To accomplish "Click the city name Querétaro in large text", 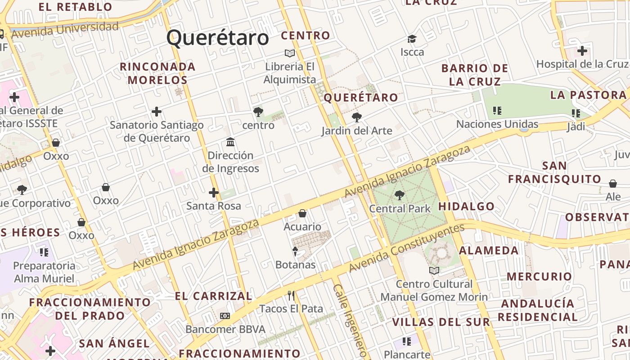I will click(x=218, y=38).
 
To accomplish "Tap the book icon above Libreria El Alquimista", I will click(x=290, y=54).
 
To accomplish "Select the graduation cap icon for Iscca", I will click(x=412, y=39).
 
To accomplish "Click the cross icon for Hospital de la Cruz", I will click(x=582, y=51).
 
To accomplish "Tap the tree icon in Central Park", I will click(x=399, y=195).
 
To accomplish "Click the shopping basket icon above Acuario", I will click(x=302, y=213).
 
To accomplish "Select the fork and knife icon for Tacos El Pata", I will click(x=291, y=296).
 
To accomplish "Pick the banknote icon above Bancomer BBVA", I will click(x=225, y=316).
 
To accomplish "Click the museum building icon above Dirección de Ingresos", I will click(x=230, y=142).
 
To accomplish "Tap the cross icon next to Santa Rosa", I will click(x=214, y=193).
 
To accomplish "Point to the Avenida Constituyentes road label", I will click(x=407, y=248).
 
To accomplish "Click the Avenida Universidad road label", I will click(x=65, y=30).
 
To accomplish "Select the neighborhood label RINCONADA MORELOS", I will click(x=157, y=73).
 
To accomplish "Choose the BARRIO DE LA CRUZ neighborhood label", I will click(x=475, y=75).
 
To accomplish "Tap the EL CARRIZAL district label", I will click(x=213, y=296).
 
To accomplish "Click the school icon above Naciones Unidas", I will click(x=497, y=111).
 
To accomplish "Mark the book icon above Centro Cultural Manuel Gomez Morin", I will click(x=434, y=270).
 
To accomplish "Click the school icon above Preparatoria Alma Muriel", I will click(x=44, y=252).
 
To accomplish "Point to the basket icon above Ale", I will click(x=613, y=184).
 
